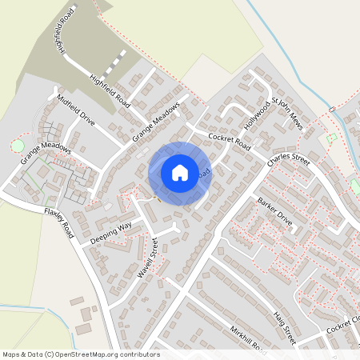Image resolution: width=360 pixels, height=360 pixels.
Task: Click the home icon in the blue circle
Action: [180, 172]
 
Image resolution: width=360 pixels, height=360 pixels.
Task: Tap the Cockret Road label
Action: [230, 142]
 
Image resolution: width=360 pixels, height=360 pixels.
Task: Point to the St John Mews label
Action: [287, 114]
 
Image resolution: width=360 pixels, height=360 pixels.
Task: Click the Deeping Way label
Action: [110, 230]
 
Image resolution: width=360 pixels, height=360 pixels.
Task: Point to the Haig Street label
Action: [283, 329]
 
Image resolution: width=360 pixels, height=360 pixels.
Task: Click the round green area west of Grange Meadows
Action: [17, 146]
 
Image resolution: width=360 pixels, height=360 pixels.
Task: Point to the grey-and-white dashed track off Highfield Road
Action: [117, 62]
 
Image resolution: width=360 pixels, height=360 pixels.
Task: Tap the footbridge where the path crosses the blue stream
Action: [331, 109]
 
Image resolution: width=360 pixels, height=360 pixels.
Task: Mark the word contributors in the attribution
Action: [138, 354]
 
